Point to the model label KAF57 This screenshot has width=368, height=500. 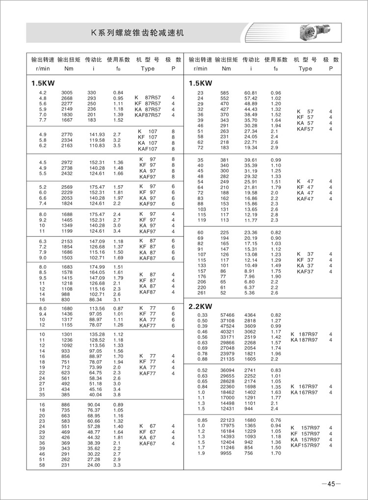305,129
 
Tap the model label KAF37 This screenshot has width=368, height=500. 305,271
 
